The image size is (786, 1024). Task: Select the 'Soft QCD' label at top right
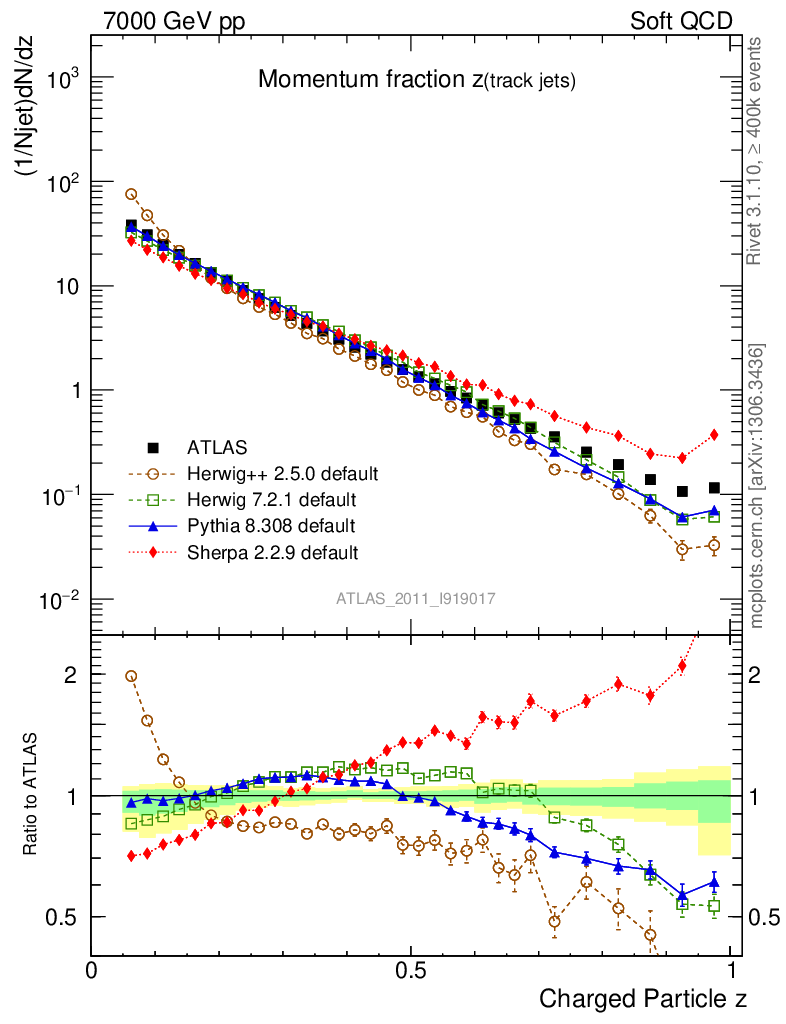tap(681, 20)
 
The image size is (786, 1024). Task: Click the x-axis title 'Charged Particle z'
tap(643, 998)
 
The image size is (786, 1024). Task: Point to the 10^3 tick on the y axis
tap(62, 79)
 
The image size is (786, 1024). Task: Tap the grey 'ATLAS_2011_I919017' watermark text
tap(416, 599)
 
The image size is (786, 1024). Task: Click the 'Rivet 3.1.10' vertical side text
tap(754, 150)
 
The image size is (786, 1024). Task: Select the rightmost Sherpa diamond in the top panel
tap(714, 435)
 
